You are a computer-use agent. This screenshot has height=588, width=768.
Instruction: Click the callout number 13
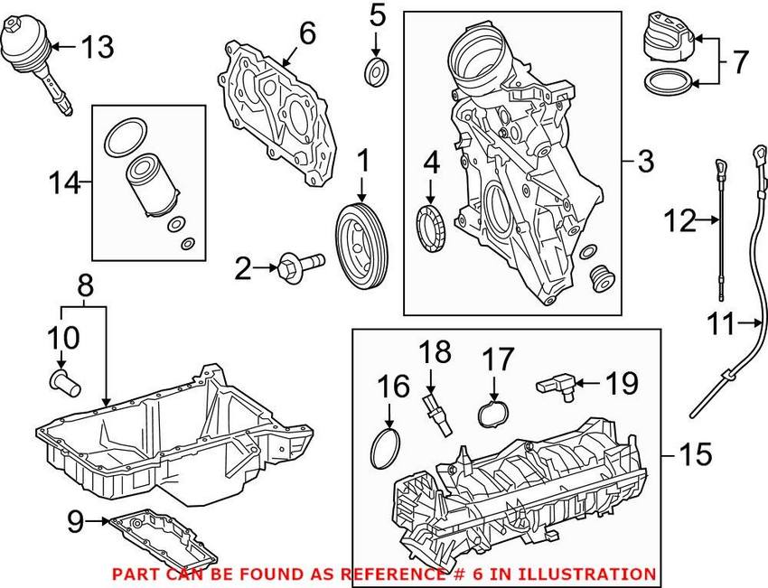[98, 47]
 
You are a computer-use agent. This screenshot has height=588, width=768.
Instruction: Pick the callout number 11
[720, 323]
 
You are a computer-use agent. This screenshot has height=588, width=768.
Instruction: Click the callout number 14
[64, 183]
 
